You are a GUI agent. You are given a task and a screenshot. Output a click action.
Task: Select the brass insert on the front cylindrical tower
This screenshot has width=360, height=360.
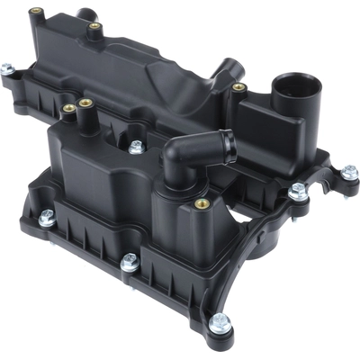click(202, 203)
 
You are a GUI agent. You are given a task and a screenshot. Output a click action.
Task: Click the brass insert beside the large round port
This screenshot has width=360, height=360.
click(238, 87)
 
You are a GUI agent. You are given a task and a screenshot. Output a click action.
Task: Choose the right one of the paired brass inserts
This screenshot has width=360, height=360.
click(86, 103)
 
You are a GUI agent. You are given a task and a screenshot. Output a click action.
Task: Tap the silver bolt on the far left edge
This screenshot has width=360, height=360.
click(7, 69)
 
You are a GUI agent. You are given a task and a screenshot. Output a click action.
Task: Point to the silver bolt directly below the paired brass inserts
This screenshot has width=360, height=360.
click(136, 147)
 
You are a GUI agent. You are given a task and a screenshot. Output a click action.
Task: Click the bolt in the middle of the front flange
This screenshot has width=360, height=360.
click(129, 263)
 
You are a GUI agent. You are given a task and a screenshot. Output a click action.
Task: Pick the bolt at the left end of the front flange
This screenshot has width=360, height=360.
click(47, 217)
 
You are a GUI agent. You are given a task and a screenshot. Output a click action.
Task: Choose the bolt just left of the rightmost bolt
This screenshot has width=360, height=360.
click(298, 191)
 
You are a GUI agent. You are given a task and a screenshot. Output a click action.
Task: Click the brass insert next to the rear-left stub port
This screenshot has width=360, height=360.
click(93, 27)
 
